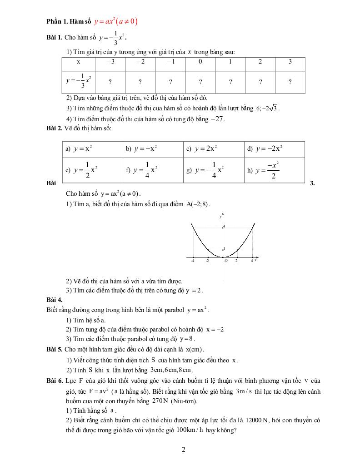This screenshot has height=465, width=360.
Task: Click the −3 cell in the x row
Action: click(x=110, y=62)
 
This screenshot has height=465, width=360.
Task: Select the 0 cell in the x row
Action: click(x=200, y=62)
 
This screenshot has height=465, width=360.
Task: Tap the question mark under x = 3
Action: click(x=290, y=82)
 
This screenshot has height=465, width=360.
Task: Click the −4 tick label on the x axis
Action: click(x=193, y=261)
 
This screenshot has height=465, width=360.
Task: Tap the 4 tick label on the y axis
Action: click(x=224, y=227)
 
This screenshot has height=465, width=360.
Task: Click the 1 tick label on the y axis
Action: click(x=224, y=248)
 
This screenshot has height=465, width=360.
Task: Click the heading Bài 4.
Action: click(x=55, y=300)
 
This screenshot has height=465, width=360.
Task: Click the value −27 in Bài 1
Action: click(x=218, y=119)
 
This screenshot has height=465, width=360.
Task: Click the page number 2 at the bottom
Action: click(x=183, y=450)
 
